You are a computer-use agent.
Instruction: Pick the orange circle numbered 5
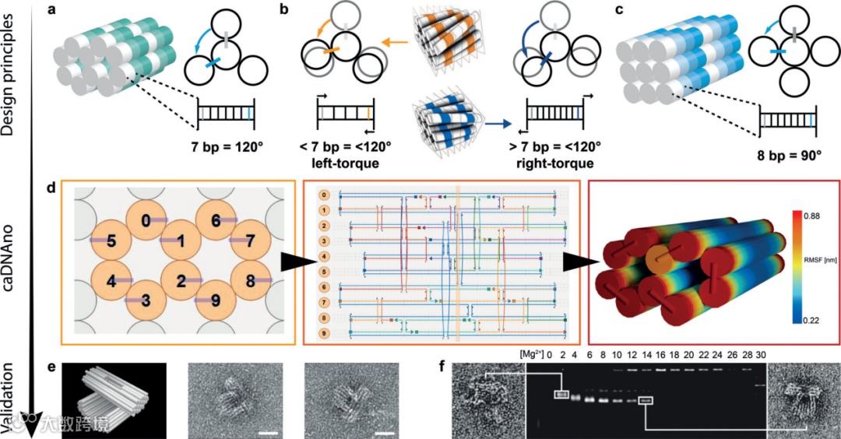tap(112, 242)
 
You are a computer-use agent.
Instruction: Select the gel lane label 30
tap(761, 356)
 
